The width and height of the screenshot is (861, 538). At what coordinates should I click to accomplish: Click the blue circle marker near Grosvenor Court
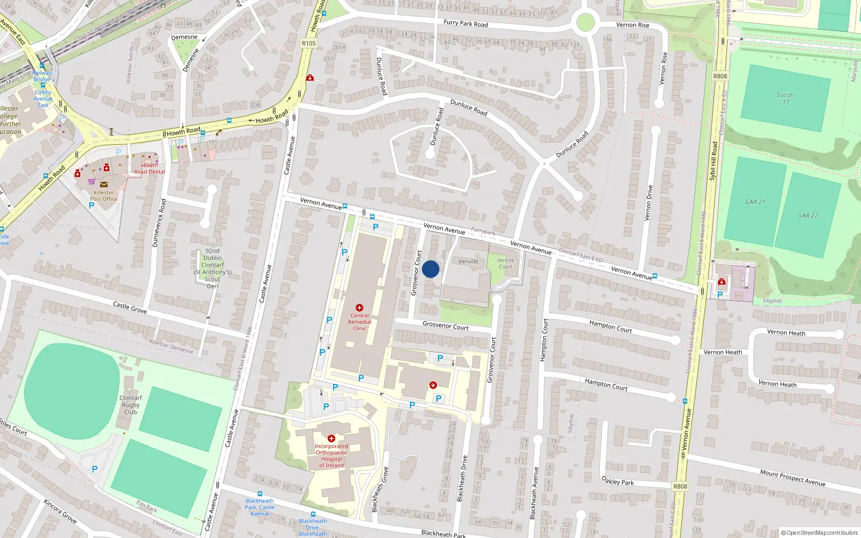[430, 269]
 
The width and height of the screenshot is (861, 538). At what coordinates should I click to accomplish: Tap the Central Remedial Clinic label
[359, 322]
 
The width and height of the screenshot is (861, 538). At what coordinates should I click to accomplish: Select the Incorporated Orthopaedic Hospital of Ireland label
[331, 456]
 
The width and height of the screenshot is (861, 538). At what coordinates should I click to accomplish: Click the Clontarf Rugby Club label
[131, 405]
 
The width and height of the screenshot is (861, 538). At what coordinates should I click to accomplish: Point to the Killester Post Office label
[104, 196]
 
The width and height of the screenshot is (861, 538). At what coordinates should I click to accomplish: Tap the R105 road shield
[309, 43]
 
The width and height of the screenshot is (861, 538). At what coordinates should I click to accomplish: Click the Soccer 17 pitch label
[786, 98]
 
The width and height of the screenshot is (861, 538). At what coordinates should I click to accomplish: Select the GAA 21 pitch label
[755, 202]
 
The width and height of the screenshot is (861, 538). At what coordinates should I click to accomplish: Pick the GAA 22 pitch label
[808, 215]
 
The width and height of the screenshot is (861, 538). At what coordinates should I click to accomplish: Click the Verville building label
[468, 261]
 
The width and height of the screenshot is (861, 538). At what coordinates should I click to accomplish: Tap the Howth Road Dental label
[150, 169]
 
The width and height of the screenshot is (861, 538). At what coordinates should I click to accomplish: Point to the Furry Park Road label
[465, 23]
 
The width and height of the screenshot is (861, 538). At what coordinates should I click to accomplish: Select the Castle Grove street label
[130, 307]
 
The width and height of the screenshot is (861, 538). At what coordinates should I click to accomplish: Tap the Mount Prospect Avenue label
[793, 477]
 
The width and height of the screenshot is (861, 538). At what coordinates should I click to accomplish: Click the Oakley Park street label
[617, 480]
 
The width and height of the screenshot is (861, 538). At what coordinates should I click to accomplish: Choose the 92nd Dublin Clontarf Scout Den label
[213, 268]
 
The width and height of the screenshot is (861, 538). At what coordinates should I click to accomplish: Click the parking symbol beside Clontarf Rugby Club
[95, 469]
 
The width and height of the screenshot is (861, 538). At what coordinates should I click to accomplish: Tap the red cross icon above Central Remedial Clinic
[359, 308]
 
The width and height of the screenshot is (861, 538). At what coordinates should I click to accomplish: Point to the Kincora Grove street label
[60, 511]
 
